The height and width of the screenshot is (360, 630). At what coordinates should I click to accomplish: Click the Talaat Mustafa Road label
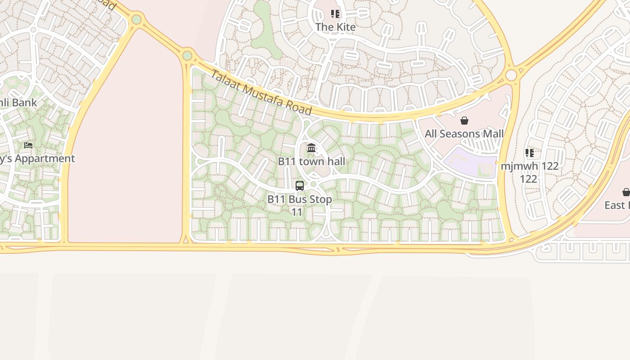pyautogui.click(x=261, y=92)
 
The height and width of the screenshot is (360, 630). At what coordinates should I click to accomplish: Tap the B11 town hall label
pyautogui.click(x=311, y=161)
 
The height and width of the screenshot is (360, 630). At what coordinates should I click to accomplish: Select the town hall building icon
pyautogui.click(x=311, y=148)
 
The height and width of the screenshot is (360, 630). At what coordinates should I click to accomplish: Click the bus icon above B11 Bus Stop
pyautogui.click(x=300, y=185)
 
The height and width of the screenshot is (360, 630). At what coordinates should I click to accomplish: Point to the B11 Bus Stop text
pyautogui.click(x=300, y=199)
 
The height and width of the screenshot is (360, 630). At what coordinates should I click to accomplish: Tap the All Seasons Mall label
pyautogui.click(x=464, y=134)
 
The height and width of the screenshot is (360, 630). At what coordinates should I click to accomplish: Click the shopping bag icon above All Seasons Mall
pyautogui.click(x=464, y=121)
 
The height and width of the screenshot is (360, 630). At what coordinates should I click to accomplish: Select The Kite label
pyautogui.click(x=335, y=27)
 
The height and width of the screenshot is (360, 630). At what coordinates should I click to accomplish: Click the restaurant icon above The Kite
pyautogui.click(x=335, y=14)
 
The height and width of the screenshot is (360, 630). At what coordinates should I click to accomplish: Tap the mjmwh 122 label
pyautogui.click(x=530, y=166)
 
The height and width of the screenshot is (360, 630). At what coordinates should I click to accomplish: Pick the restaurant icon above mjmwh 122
pyautogui.click(x=530, y=153)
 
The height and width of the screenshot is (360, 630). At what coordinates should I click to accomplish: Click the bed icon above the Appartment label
pyautogui.click(x=28, y=145)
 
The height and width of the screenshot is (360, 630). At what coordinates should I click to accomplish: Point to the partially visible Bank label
pyautogui.click(x=18, y=103)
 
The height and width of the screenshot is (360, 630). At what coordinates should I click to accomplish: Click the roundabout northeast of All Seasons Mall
pyautogui.click(x=511, y=75)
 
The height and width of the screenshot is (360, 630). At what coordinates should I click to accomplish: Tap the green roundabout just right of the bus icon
pyautogui.click(x=314, y=184)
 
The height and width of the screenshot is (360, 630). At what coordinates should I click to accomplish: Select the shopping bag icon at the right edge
pyautogui.click(x=625, y=193)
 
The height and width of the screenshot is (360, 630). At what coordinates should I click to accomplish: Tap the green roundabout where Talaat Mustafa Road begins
pyautogui.click(x=187, y=56)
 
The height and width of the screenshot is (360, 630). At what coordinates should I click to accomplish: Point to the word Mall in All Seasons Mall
pyautogui.click(x=492, y=134)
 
